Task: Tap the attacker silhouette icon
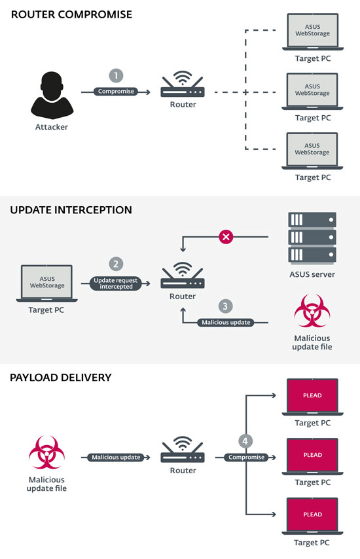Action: click(x=51, y=94)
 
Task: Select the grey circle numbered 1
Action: click(x=116, y=76)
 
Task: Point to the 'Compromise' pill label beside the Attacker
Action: click(x=116, y=92)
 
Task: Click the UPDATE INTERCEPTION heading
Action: click(x=71, y=210)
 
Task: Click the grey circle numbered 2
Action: click(x=116, y=264)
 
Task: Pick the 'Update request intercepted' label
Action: click(x=116, y=283)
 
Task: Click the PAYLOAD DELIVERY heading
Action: click(x=61, y=378)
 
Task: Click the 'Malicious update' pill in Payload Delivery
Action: click(x=116, y=457)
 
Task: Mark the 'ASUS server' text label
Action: click(x=312, y=274)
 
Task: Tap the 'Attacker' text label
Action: click(x=51, y=127)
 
